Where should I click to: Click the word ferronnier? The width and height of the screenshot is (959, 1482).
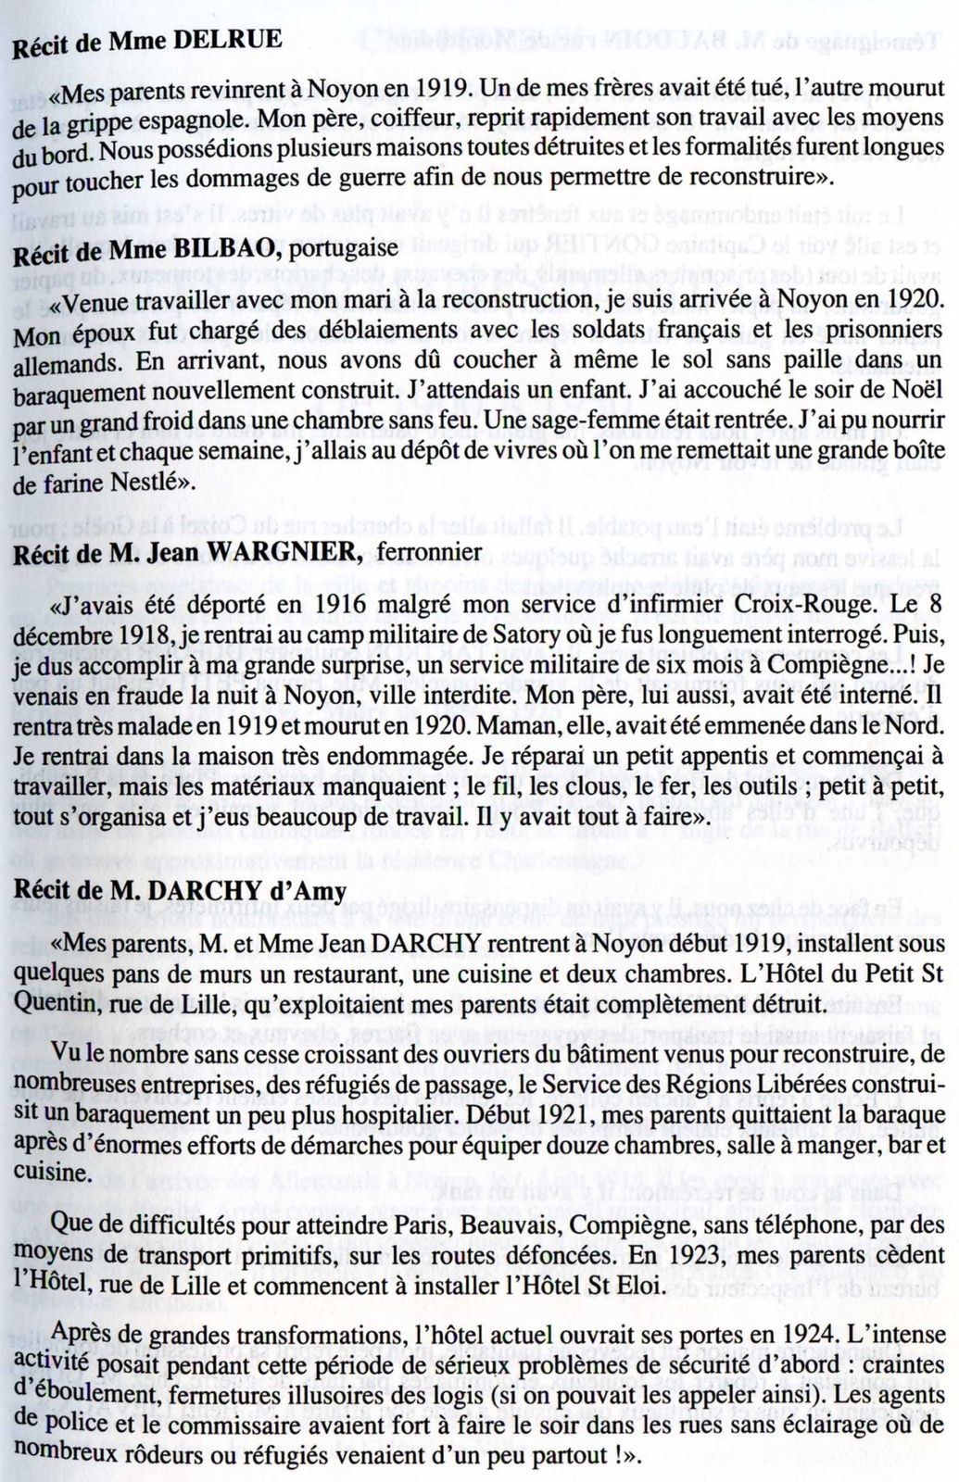(x=430, y=553)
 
